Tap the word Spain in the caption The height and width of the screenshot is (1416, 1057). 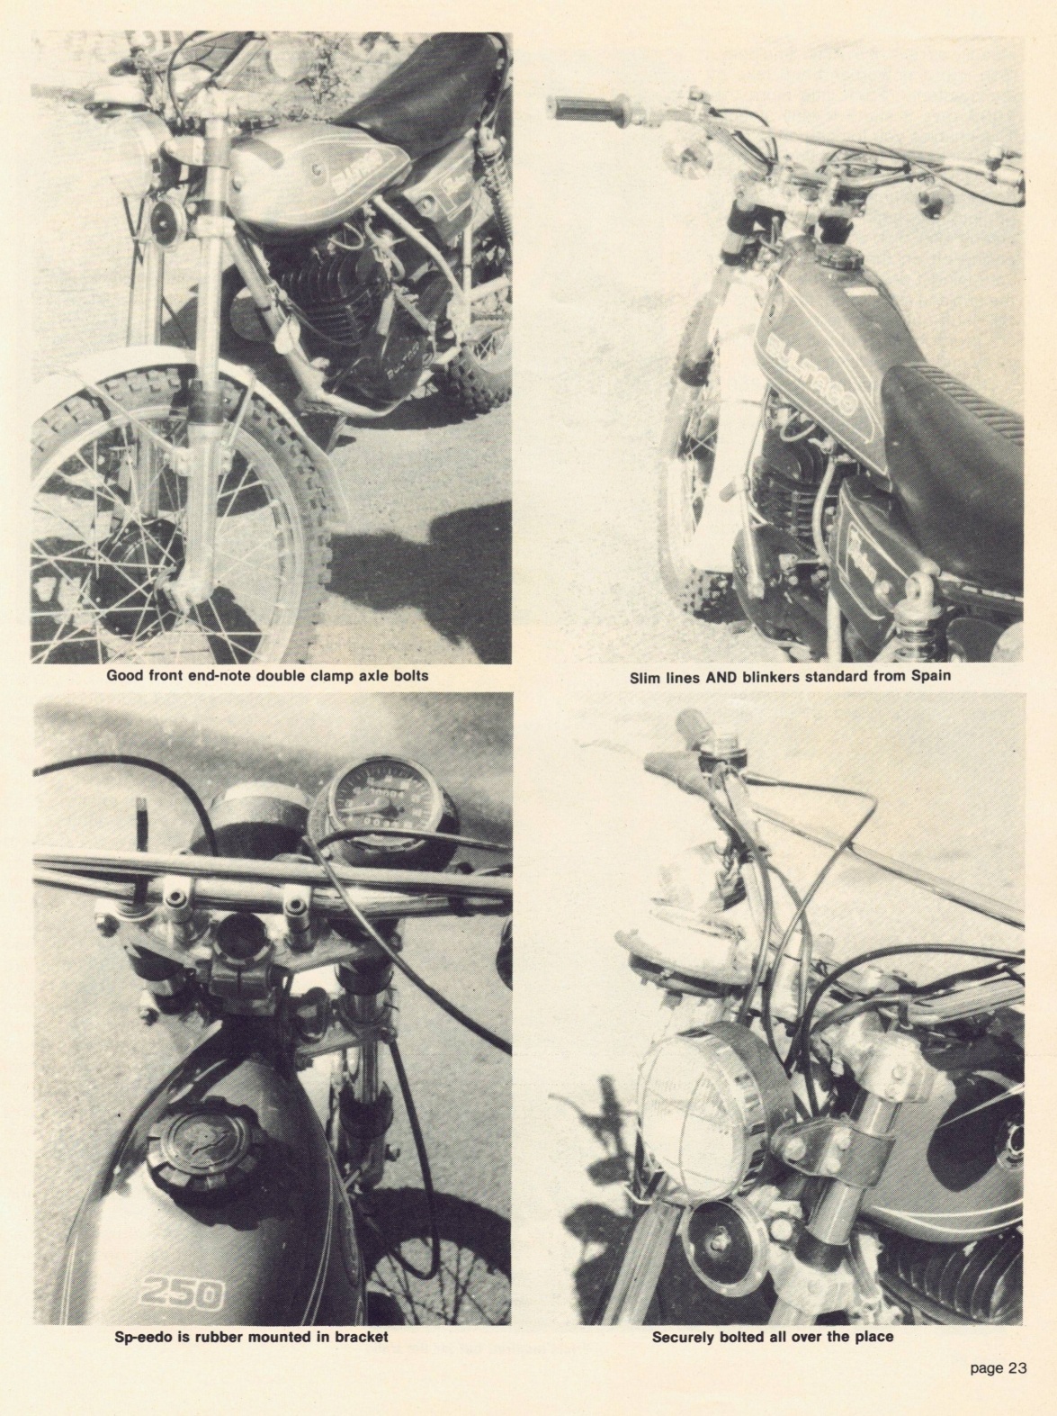[x=931, y=678]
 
